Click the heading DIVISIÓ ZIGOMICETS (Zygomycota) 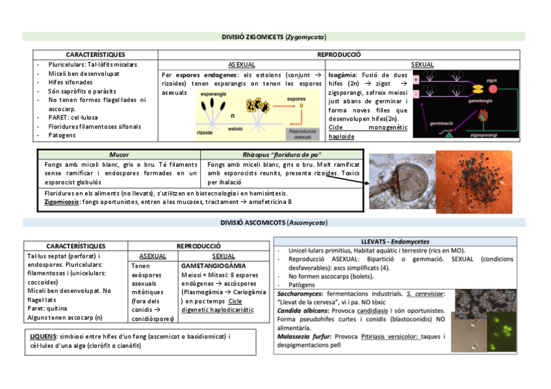pyautogui.click(x=274, y=36)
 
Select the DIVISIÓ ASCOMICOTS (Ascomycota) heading pyautogui.click(x=273, y=223)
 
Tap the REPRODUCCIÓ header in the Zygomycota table pyautogui.click(x=339, y=55)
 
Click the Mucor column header pyautogui.click(x=119, y=155)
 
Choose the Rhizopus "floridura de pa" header pyautogui.click(x=281, y=155)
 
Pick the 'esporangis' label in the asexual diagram pyautogui.click(x=213, y=95)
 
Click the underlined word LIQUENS pyautogui.click(x=43, y=336)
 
